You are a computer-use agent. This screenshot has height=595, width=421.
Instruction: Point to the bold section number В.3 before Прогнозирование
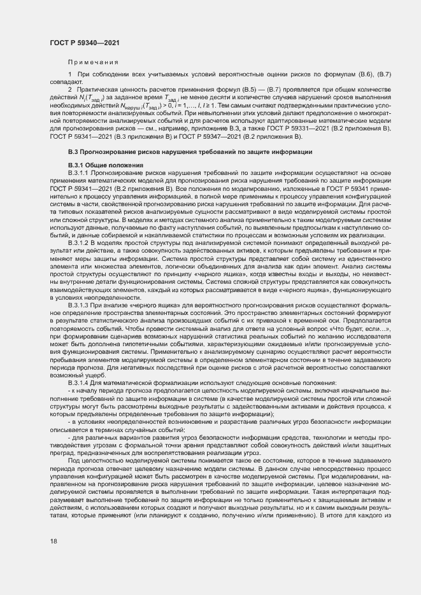click(x=75, y=153)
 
